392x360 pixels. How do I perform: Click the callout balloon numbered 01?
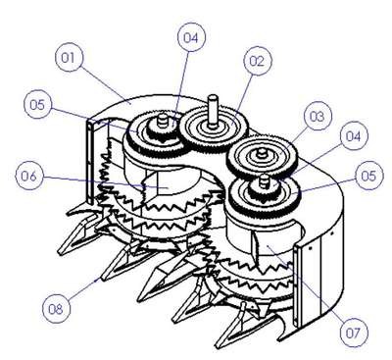pyautogui.click(x=68, y=58)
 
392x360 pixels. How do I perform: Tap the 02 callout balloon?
pyautogui.click(x=257, y=62)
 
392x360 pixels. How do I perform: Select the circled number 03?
pyautogui.click(x=317, y=117)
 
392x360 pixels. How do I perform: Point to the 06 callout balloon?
pyautogui.click(x=29, y=177)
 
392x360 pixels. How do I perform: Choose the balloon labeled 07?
pyautogui.click(x=354, y=333)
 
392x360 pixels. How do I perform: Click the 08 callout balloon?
pyautogui.click(x=56, y=309)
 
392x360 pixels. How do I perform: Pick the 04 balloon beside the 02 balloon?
pyautogui.click(x=191, y=37)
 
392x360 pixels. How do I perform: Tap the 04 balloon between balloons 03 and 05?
pyautogui.click(x=353, y=136)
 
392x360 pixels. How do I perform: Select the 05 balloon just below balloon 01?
pyautogui.click(x=38, y=105)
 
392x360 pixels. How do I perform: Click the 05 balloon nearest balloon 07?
pyautogui.click(x=368, y=176)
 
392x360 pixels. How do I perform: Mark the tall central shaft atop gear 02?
pyautogui.click(x=213, y=109)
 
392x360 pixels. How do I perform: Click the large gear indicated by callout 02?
pyautogui.click(x=214, y=129)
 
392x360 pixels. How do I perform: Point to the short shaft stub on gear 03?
pyautogui.click(x=262, y=153)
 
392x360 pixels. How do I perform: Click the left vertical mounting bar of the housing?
pyautogui.click(x=91, y=161)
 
